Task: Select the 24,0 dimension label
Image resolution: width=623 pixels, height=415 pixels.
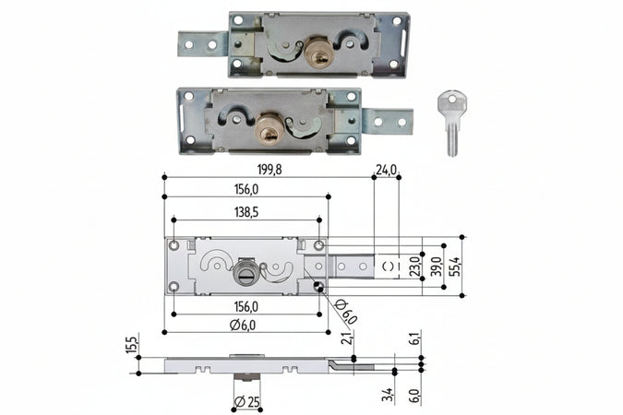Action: click(x=386, y=168)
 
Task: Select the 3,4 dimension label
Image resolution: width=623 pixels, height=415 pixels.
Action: click(x=387, y=396)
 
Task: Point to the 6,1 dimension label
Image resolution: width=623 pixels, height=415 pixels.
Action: click(x=414, y=339)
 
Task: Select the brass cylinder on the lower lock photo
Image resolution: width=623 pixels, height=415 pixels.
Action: click(x=270, y=130)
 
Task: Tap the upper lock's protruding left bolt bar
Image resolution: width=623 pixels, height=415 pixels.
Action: click(x=203, y=43)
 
